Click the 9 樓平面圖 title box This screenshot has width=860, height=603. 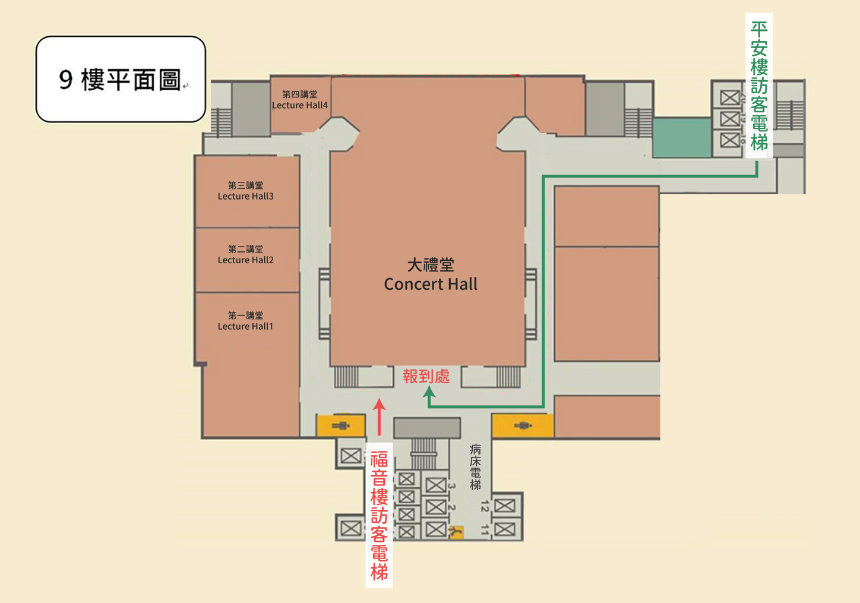(121, 79)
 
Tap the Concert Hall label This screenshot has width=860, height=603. (431, 275)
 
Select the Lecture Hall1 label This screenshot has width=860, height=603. (245, 321)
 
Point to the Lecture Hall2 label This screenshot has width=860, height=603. (245, 255)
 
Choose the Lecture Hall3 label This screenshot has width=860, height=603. (245, 191)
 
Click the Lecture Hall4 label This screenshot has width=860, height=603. (300, 100)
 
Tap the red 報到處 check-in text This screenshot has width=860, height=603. (426, 376)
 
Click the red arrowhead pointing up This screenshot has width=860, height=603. (379, 405)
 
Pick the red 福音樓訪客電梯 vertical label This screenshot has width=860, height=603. (379, 515)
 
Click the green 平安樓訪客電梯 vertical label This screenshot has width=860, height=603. (759, 86)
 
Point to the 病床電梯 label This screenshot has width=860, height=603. (475, 467)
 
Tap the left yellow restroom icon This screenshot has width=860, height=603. (340, 425)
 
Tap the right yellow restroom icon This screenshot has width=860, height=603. (523, 425)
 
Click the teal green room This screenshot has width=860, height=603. (682, 138)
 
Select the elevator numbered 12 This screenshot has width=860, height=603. (504, 506)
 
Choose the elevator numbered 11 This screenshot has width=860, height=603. (504, 528)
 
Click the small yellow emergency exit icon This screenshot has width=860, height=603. (456, 532)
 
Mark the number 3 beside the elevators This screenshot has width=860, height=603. (451, 486)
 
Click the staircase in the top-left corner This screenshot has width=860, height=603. (221, 122)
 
